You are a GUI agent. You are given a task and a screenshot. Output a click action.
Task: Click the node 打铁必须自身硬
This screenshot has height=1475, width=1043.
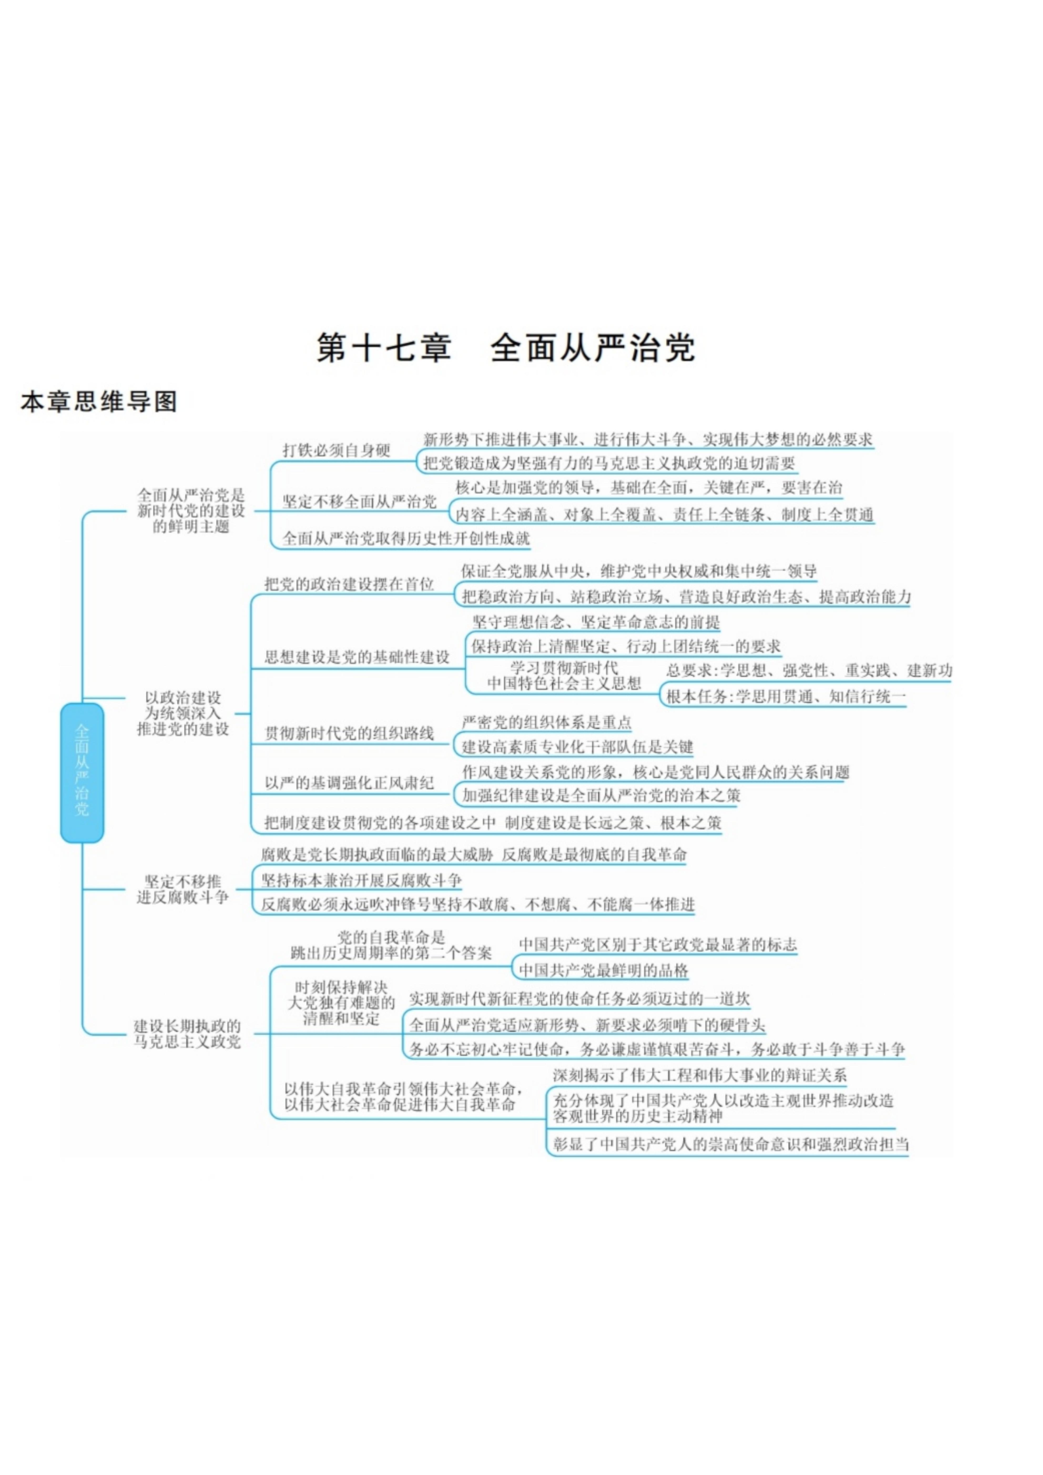pyautogui.click(x=337, y=450)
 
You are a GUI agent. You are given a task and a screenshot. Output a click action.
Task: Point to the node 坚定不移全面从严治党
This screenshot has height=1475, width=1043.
pyautogui.click(x=359, y=502)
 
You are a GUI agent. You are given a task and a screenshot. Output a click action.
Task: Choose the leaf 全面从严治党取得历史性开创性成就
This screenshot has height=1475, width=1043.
pyautogui.click(x=406, y=538)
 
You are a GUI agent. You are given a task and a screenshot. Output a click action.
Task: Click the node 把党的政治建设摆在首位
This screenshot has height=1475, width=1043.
pyautogui.click(x=349, y=584)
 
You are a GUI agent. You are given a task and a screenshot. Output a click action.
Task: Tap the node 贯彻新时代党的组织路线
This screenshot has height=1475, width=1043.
pyautogui.click(x=349, y=733)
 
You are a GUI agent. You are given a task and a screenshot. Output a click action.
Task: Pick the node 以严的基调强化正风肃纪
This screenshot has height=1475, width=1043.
pyautogui.click(x=349, y=782)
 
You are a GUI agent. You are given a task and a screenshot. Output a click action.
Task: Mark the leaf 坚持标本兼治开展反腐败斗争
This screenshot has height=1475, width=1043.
pyautogui.click(x=361, y=880)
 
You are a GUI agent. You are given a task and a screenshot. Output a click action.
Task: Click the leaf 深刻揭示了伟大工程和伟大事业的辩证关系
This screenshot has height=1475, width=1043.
pyautogui.click(x=699, y=1075)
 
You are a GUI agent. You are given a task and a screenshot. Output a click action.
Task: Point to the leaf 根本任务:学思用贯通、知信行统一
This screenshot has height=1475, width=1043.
pyautogui.click(x=785, y=696)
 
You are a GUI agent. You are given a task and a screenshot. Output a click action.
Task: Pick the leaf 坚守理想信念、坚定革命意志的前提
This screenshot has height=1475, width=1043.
pyautogui.click(x=596, y=622)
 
